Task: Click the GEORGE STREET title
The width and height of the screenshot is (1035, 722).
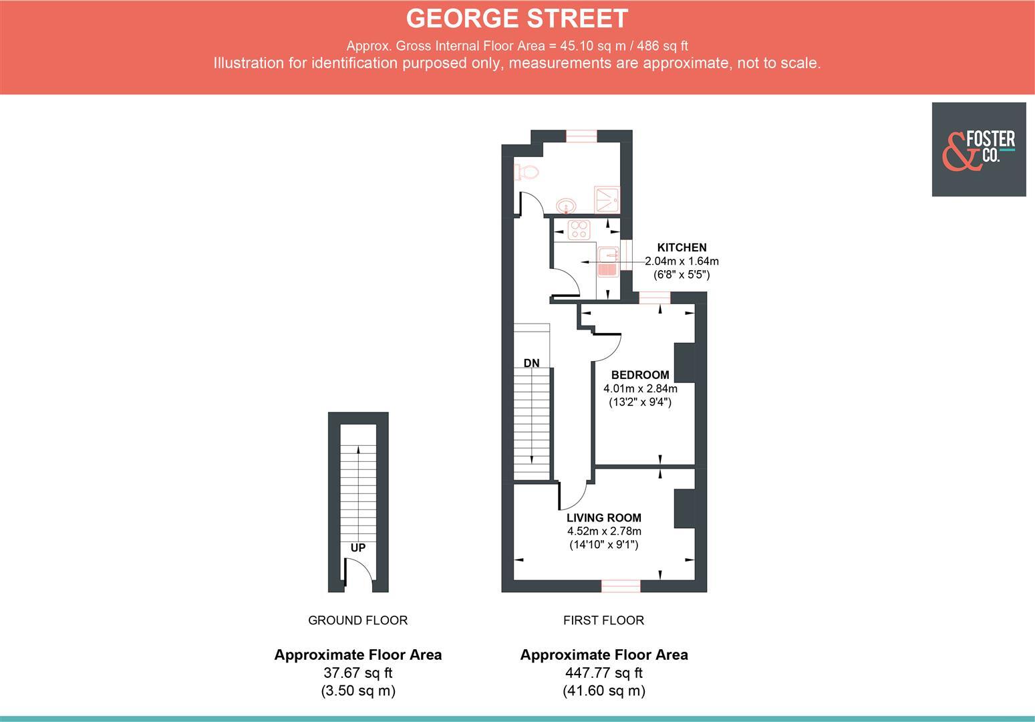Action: click(x=517, y=19)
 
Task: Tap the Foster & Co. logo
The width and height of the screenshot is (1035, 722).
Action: click(x=978, y=149)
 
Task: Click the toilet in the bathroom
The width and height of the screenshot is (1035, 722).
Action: click(x=527, y=172)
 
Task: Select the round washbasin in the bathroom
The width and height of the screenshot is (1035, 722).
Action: click(x=566, y=205)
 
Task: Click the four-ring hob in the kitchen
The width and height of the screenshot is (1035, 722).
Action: click(x=579, y=229)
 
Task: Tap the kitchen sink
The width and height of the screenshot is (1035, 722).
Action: click(x=607, y=261)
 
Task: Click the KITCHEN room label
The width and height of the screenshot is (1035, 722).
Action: click(x=682, y=247)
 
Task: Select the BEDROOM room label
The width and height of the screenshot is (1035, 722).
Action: click(x=639, y=375)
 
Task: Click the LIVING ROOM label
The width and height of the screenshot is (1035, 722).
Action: click(x=603, y=517)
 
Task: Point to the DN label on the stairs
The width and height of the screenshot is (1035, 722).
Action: click(x=531, y=364)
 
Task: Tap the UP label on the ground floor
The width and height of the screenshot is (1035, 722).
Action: click(x=358, y=548)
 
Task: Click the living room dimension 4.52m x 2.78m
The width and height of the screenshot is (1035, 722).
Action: click(x=604, y=531)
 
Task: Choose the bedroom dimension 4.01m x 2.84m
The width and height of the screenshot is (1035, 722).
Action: click(x=640, y=388)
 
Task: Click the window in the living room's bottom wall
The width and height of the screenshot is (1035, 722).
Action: click(x=621, y=586)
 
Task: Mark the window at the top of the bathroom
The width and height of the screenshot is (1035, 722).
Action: click(x=581, y=136)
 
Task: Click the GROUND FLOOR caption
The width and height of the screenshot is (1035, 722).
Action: click(x=357, y=620)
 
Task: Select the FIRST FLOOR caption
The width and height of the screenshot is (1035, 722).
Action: click(x=603, y=620)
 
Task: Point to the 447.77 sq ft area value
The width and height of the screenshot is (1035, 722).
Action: click(x=604, y=673)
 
